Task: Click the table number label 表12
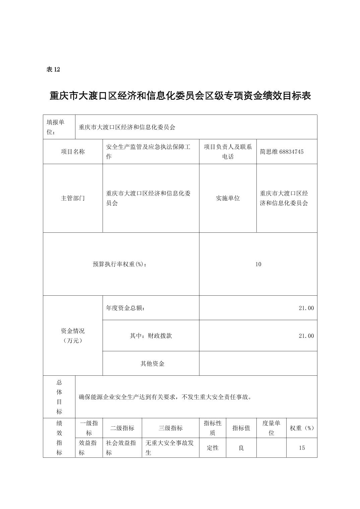(x=53, y=70)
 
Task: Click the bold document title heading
(x=180, y=96)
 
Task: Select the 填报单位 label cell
(x=59, y=127)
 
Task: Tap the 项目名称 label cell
(x=73, y=152)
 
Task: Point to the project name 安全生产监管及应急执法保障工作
(x=148, y=152)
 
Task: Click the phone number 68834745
(x=291, y=152)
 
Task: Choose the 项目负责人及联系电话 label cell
(x=228, y=152)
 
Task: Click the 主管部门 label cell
(x=73, y=198)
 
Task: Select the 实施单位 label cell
(x=228, y=198)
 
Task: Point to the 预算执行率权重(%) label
(x=120, y=264)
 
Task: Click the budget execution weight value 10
(x=258, y=264)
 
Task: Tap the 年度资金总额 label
(x=125, y=308)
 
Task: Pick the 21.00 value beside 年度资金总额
(x=306, y=308)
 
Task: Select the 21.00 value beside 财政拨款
(x=306, y=336)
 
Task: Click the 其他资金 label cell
(x=152, y=364)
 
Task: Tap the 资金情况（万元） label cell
(x=73, y=336)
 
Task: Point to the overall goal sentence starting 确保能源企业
(x=165, y=397)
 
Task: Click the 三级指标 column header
(x=171, y=428)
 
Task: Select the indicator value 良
(x=241, y=448)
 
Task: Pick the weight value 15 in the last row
(x=302, y=448)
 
